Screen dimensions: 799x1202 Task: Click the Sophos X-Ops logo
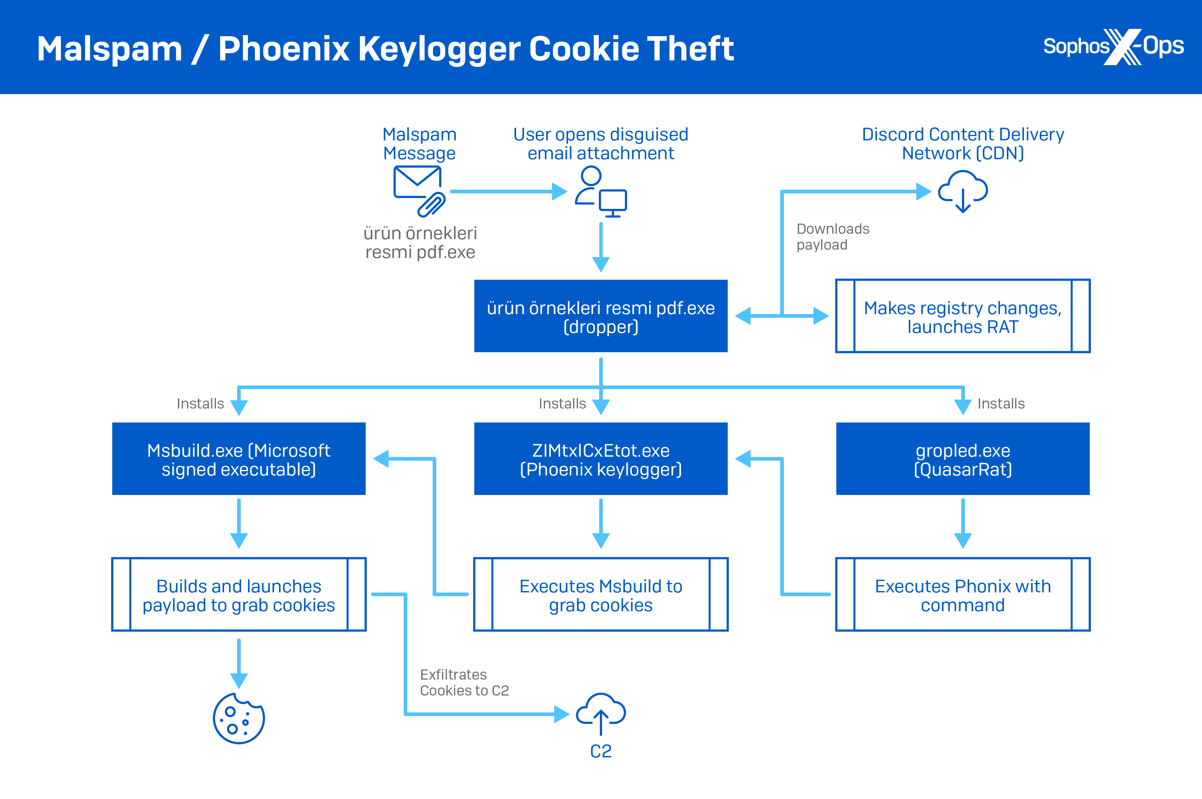[x=1113, y=47]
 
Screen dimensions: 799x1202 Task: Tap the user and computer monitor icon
[x=601, y=191]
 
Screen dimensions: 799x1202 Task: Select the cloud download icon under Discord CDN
[x=962, y=191]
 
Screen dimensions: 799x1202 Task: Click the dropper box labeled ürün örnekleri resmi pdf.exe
[x=601, y=316]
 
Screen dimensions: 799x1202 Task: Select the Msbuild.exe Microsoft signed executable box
[x=239, y=458]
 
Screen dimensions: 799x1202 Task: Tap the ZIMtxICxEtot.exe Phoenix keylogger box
[x=601, y=458]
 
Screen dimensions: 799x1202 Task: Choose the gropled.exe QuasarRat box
[x=962, y=458]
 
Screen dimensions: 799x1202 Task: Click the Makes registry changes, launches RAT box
[x=962, y=316]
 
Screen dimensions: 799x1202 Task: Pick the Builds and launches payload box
[x=239, y=595]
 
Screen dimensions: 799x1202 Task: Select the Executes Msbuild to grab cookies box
[x=601, y=595]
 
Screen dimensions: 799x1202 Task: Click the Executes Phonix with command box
[x=962, y=595]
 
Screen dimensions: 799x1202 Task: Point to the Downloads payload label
[x=832, y=236]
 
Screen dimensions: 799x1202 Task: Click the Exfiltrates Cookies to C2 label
[x=464, y=682]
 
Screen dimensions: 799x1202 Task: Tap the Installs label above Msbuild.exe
[x=200, y=403]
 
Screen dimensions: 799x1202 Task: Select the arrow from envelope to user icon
[x=508, y=191]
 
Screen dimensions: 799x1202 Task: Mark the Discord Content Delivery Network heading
[x=962, y=144]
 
